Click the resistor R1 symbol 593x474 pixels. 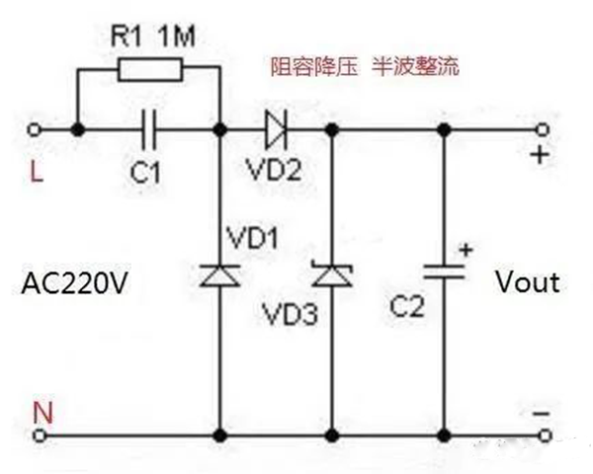pyautogui.click(x=149, y=68)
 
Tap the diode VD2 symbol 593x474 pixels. pyautogui.click(x=275, y=129)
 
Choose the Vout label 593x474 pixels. pyautogui.click(x=527, y=282)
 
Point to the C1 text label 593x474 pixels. pyautogui.click(x=145, y=173)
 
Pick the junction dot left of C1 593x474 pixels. pyautogui.click(x=77, y=129)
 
